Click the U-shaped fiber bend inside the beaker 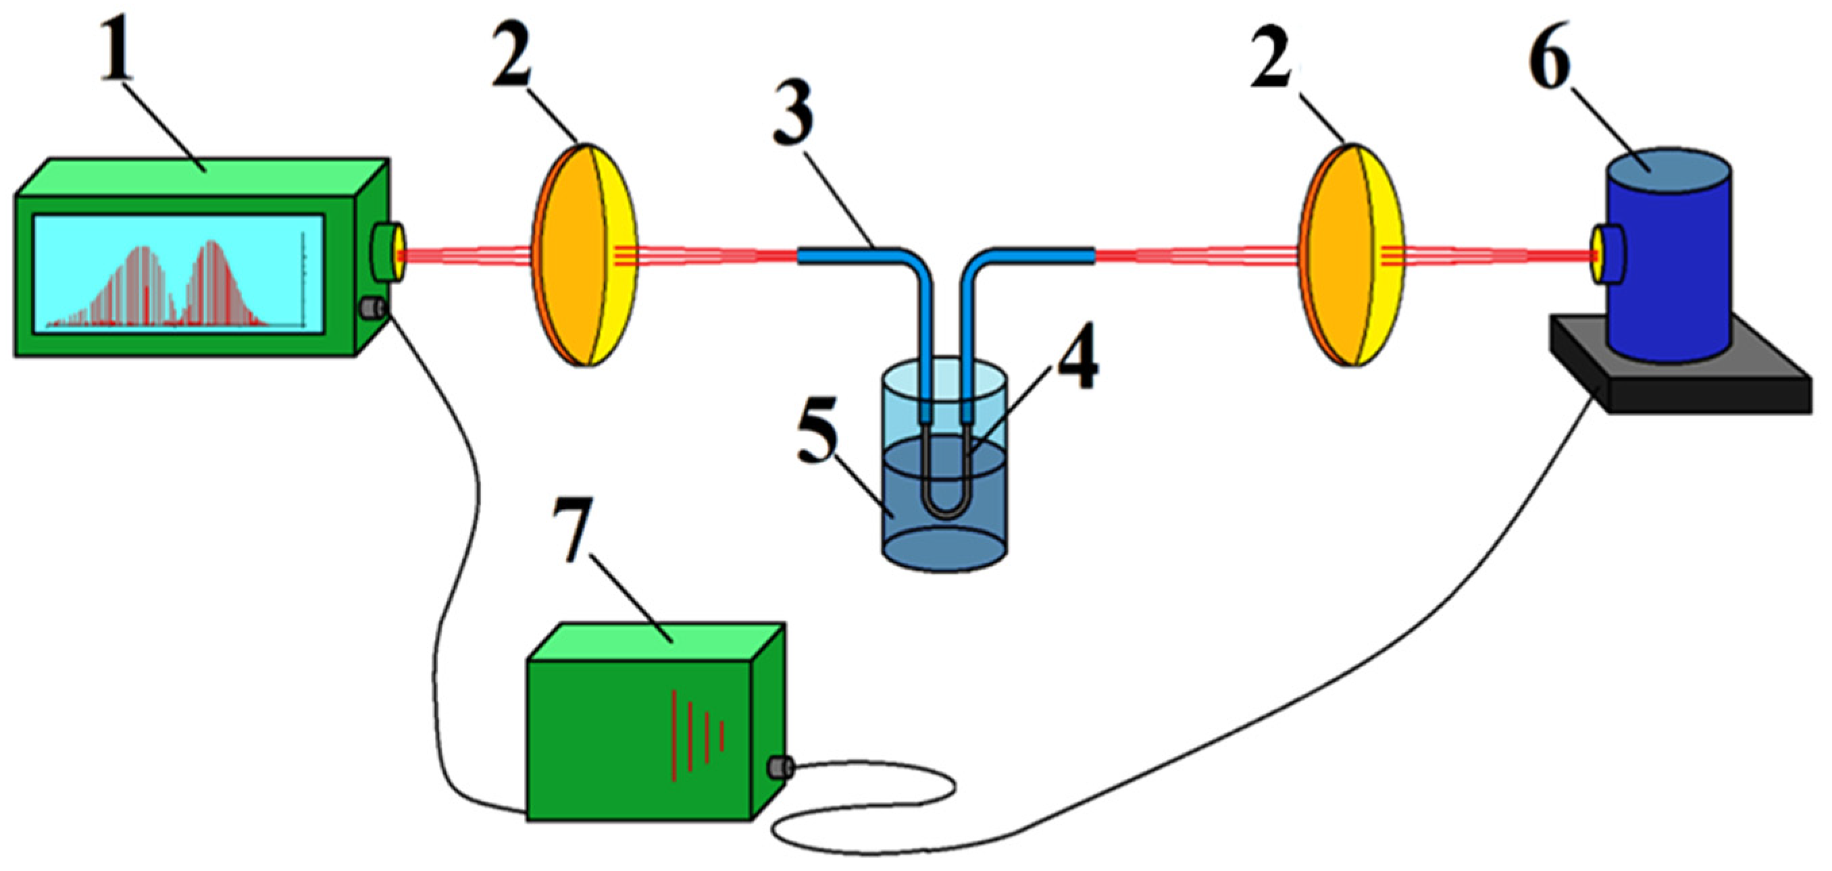coord(944,508)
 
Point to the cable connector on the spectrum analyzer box coord(371,309)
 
